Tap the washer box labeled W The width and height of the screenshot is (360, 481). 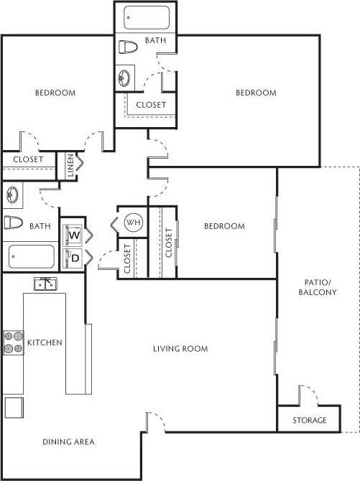(73, 235)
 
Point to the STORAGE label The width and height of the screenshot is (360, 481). (310, 420)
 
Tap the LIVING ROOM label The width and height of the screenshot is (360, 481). (180, 349)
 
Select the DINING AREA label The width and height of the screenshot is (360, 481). (68, 442)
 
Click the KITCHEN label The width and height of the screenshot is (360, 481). (45, 342)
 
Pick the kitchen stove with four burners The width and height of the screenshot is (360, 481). (14, 342)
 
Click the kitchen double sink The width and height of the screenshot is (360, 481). (45, 284)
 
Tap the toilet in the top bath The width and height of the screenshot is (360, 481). (128, 47)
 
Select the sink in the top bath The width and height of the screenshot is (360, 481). (126, 78)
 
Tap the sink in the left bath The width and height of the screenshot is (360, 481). (12, 195)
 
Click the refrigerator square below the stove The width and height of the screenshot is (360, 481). (14, 407)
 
